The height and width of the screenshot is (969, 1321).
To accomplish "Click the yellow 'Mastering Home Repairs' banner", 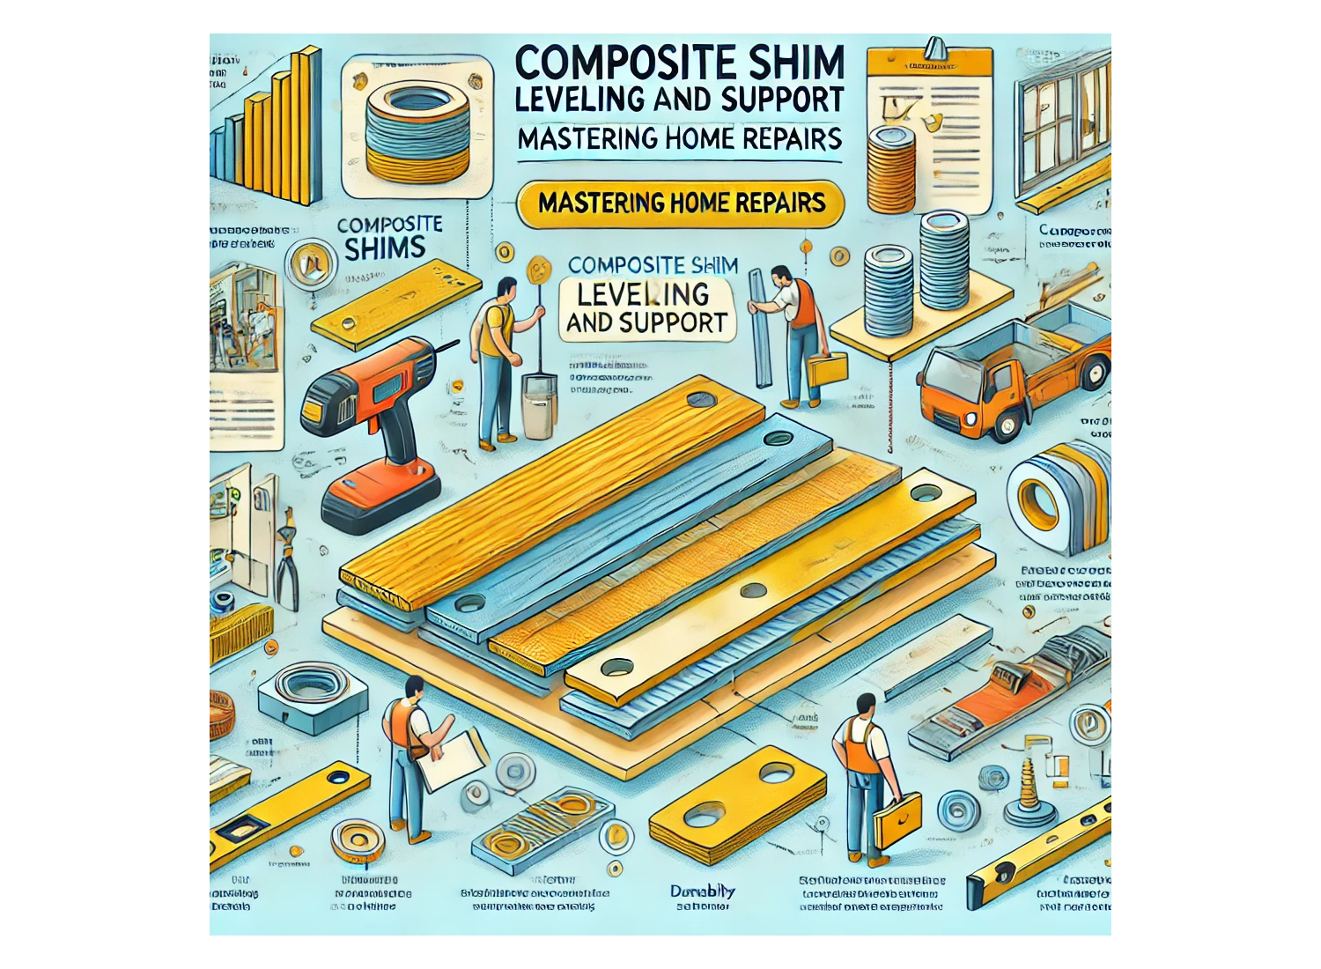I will [682, 203].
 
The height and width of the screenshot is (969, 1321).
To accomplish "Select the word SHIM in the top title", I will [796, 63].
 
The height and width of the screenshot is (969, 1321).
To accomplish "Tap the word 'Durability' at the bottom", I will [702, 891].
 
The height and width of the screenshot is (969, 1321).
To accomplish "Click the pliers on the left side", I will [286, 564].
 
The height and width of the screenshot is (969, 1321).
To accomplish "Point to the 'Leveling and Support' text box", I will [646, 308].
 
